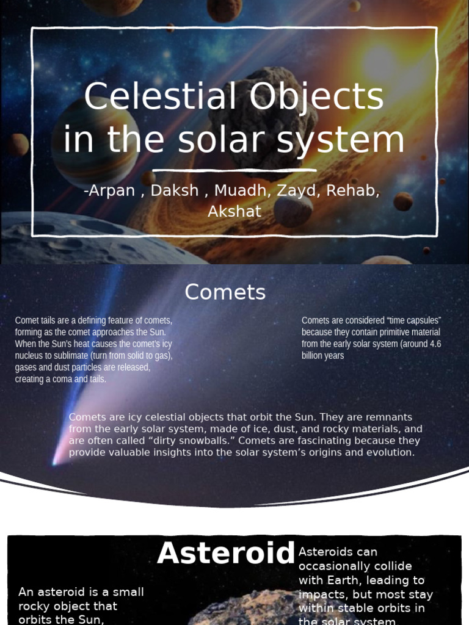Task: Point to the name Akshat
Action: point(234,211)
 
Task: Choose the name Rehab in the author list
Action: point(353,190)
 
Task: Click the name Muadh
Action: point(239,190)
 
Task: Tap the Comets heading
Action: point(225,292)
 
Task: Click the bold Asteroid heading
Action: point(226,554)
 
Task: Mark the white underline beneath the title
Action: point(234,170)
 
